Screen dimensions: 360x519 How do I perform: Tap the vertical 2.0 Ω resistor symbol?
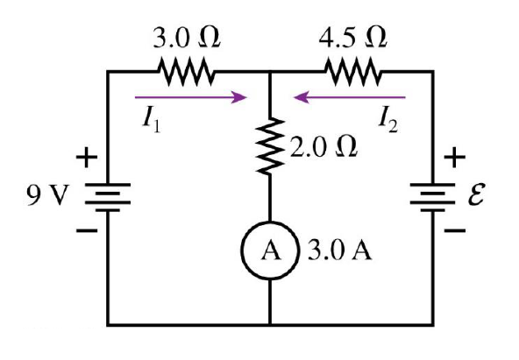pos(270,145)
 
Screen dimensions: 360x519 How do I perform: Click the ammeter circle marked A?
pos(270,251)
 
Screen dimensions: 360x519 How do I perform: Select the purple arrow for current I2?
pos(350,97)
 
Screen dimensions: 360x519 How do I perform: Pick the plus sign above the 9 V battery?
pos(88,159)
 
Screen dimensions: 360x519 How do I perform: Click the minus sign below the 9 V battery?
pos(88,232)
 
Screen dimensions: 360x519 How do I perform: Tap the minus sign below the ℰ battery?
pos(454,232)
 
